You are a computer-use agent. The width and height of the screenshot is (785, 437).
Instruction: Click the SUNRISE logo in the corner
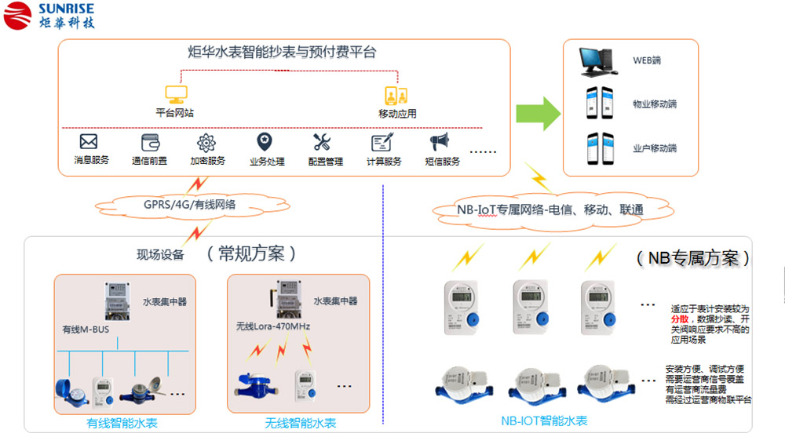pos(49,15)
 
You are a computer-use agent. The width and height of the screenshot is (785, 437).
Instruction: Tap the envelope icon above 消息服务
pos(89,142)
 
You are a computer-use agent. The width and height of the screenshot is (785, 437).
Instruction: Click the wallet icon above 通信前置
pos(150,142)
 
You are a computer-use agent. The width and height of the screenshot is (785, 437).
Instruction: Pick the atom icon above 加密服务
pos(206,142)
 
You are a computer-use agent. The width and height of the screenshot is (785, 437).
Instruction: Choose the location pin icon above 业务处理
pos(265,142)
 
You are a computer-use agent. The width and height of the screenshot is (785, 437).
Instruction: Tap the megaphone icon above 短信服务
pos(439,142)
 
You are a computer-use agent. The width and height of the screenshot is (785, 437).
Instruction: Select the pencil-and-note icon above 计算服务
pos(382,142)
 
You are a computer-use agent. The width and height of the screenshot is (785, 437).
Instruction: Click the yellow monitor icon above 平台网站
pos(174,95)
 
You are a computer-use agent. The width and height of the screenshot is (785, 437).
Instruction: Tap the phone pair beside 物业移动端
pos(597,104)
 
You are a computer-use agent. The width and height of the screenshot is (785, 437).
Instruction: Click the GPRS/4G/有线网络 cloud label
pos(189,206)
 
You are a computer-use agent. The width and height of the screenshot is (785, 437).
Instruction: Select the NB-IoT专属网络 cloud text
pos(550,209)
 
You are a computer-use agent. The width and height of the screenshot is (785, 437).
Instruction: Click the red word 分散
pos(680,320)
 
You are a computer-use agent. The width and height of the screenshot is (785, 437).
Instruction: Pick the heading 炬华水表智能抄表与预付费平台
pos(283,53)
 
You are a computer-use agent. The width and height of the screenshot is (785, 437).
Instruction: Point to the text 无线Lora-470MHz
pos(272,326)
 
